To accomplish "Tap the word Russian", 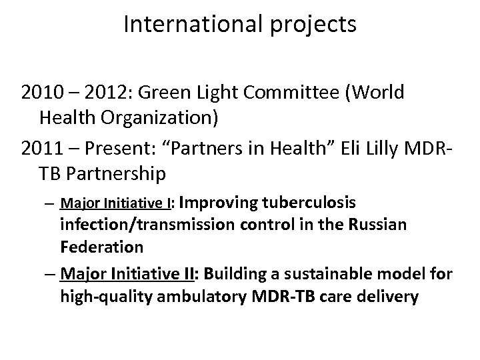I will click(x=377, y=225).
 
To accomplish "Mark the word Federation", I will click(x=101, y=247).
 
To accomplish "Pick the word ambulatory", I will click(x=201, y=295).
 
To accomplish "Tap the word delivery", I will click(x=388, y=295).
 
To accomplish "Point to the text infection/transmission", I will click(x=145, y=225).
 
